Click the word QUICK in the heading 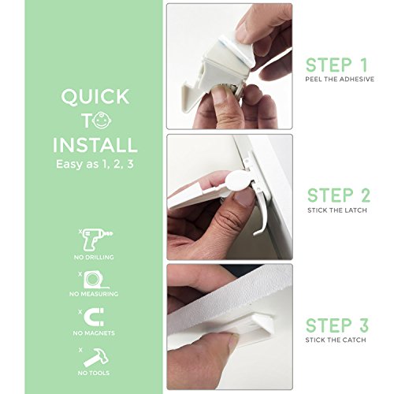(95, 97)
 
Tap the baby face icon (102, 121)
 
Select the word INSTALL (95, 144)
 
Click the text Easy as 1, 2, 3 (95, 164)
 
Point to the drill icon (97, 240)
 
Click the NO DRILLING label (94, 257)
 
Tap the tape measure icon (95, 281)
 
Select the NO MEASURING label (94, 294)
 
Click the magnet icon (95, 317)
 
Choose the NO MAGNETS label (94, 333)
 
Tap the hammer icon (96, 358)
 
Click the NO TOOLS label (94, 373)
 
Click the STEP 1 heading (336, 65)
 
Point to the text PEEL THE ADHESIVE (340, 79)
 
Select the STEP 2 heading (339, 195)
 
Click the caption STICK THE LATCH (337, 210)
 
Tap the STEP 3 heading (337, 325)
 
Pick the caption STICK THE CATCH (336, 340)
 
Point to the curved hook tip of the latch (255, 233)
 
